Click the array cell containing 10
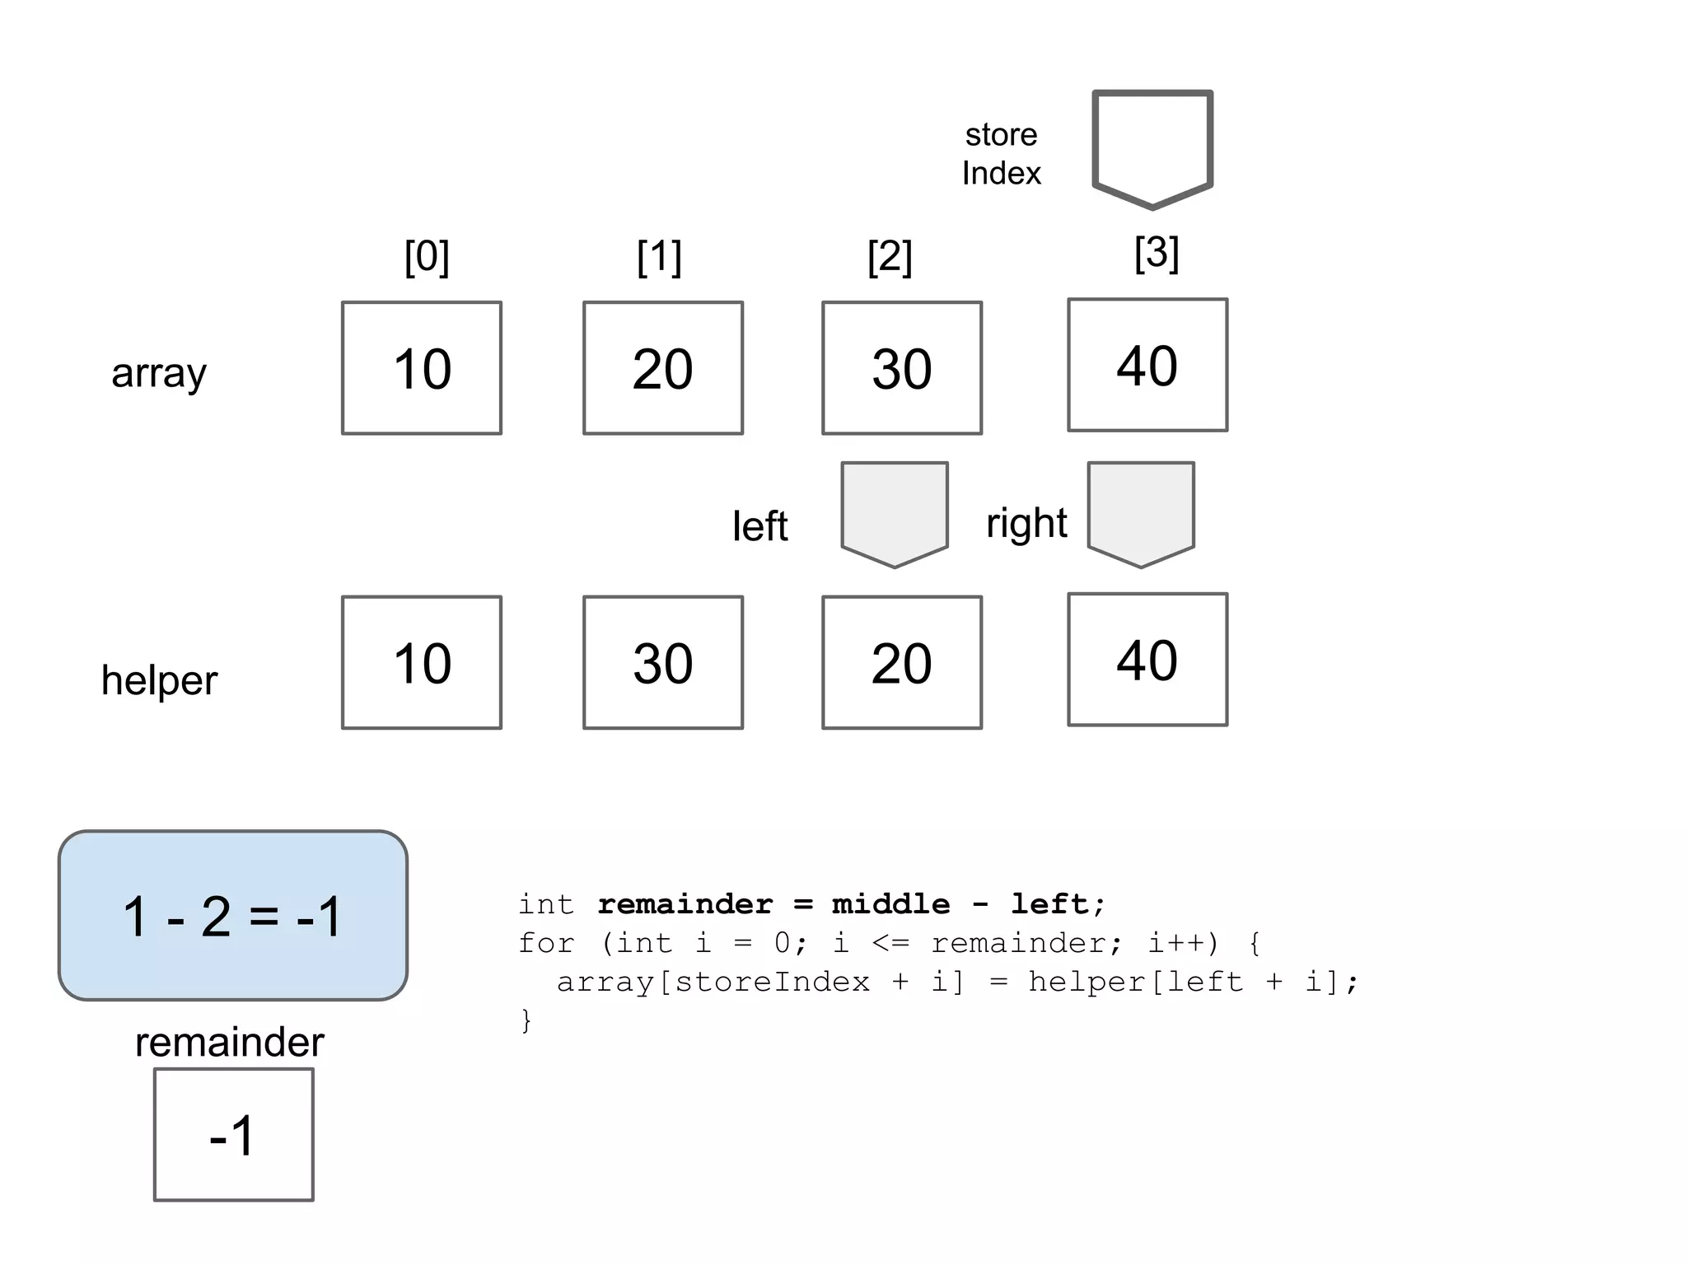pos(422,368)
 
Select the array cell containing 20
pos(663,368)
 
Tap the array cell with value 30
pos(902,368)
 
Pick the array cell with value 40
pos(1147,365)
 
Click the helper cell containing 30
pos(663,662)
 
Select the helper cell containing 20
pos(902,662)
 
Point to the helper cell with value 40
pos(1147,659)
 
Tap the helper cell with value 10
pos(422,662)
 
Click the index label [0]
pos(427,257)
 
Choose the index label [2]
pos(890,257)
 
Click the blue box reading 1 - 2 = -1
pos(233,916)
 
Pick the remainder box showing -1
pos(234,1135)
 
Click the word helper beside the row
pos(159,680)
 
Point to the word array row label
pos(159,372)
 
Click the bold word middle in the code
pos(890,904)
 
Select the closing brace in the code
pos(526,1021)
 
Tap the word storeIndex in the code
pos(772,982)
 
